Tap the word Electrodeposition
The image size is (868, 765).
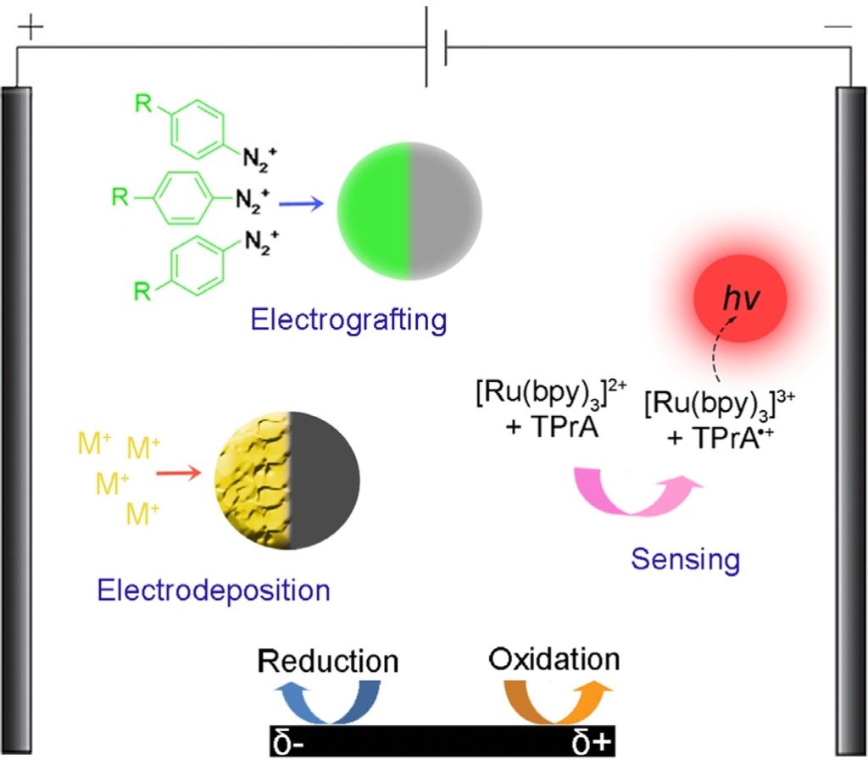(213, 590)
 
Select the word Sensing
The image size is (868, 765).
(685, 559)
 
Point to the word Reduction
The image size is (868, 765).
(328, 661)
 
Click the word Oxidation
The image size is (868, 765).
(554, 659)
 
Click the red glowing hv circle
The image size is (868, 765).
(740, 297)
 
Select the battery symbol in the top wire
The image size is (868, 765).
(435, 47)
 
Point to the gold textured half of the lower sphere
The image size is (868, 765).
(254, 480)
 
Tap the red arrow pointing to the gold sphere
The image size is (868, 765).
(179, 474)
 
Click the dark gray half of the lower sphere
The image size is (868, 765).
(325, 480)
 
